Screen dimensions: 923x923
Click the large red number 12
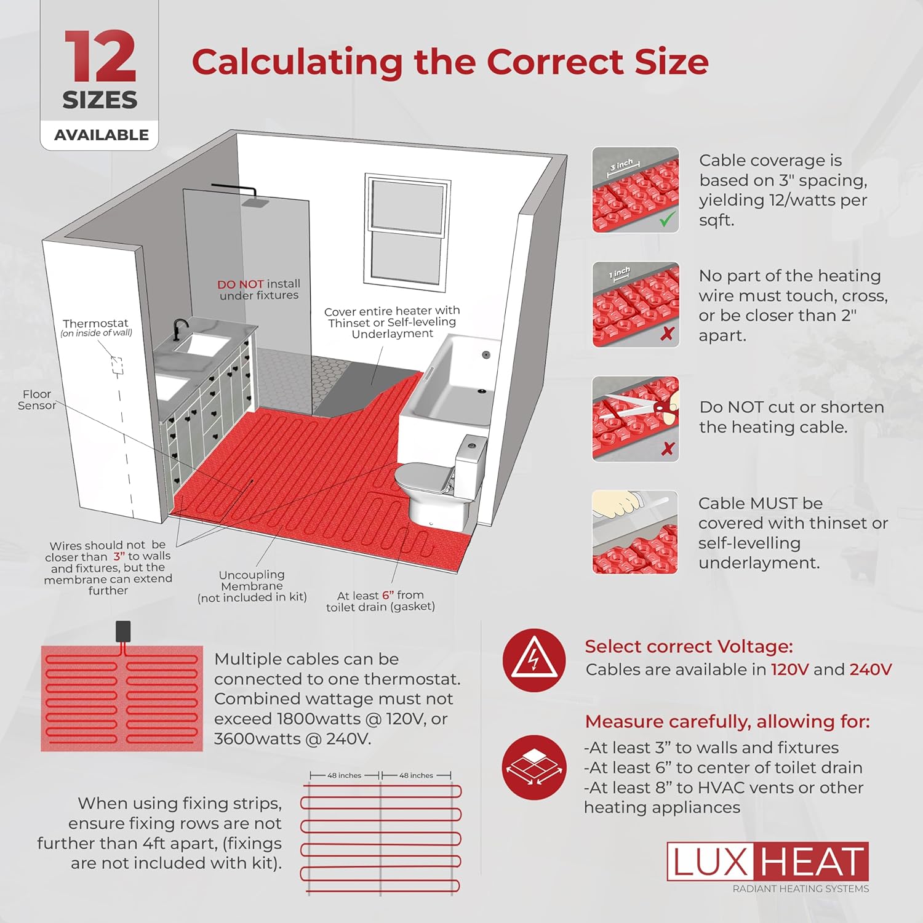pos(100,57)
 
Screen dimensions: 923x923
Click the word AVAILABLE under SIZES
pos(102,135)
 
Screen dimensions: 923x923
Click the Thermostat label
pos(96,324)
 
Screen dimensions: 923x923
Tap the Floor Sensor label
pos(36,399)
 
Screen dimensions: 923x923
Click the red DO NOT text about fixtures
pos(240,284)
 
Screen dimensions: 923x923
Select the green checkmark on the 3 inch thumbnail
pos(667,219)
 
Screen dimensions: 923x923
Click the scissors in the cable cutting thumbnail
pos(658,407)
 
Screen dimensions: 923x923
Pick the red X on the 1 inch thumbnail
pos(667,334)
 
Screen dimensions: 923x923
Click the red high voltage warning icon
pos(533,660)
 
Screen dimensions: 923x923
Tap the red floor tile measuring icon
pos(533,767)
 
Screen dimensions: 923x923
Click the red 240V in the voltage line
pos(870,669)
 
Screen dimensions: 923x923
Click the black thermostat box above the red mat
pos(123,631)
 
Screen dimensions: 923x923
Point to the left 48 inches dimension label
pos(344,775)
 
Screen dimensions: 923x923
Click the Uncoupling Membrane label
pos(252,580)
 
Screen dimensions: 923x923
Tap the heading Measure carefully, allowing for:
pos(727,721)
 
